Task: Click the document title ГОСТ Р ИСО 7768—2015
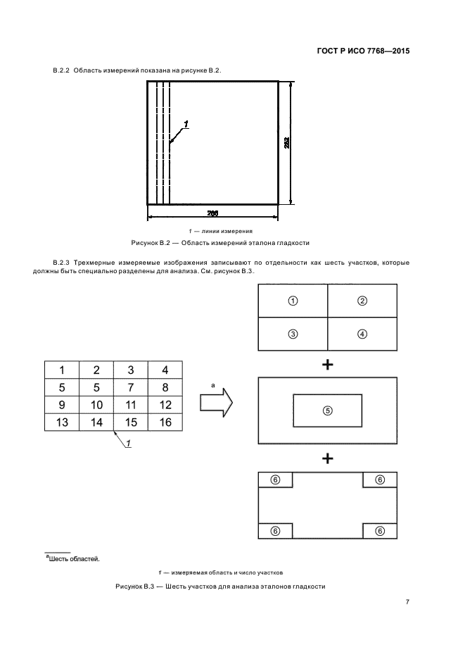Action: [x=363, y=51]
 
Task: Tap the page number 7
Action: [x=407, y=602]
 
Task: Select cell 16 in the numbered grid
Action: [x=165, y=422]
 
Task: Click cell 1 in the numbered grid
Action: [x=62, y=370]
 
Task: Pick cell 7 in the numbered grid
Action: [x=131, y=387]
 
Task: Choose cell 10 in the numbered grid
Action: [x=96, y=404]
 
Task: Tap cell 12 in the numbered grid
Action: [x=165, y=404]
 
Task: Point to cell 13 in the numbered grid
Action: [x=62, y=422]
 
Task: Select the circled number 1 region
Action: [x=293, y=301]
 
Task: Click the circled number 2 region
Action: [x=362, y=301]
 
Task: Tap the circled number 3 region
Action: [x=293, y=334]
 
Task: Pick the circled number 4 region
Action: [x=362, y=334]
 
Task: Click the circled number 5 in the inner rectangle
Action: [x=327, y=410]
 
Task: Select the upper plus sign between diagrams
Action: [x=327, y=364]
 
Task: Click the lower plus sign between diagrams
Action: [x=327, y=458]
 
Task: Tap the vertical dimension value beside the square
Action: [x=288, y=143]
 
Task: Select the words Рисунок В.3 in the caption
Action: [x=132, y=586]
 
